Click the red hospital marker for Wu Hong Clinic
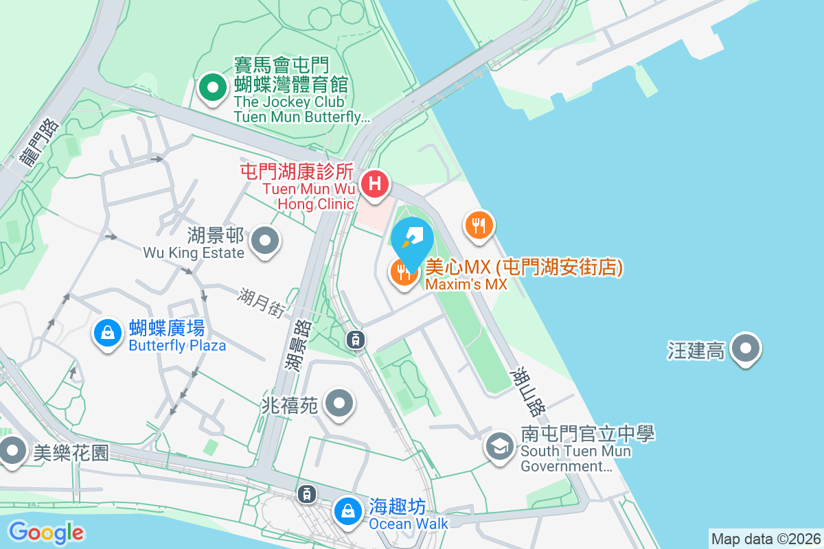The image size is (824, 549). [x=375, y=184]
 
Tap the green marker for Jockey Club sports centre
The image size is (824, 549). [x=213, y=88]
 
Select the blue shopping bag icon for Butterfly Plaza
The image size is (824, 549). [x=108, y=334]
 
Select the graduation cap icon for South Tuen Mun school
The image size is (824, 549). [x=501, y=446]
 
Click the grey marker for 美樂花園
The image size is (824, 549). [x=12, y=452]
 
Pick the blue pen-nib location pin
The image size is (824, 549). [x=412, y=240]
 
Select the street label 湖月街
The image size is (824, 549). [x=261, y=302]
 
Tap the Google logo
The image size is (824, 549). [x=46, y=533]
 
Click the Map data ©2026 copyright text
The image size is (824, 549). [x=765, y=539]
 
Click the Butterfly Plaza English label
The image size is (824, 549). [x=177, y=345]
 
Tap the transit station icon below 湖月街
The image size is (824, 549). [x=355, y=338]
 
